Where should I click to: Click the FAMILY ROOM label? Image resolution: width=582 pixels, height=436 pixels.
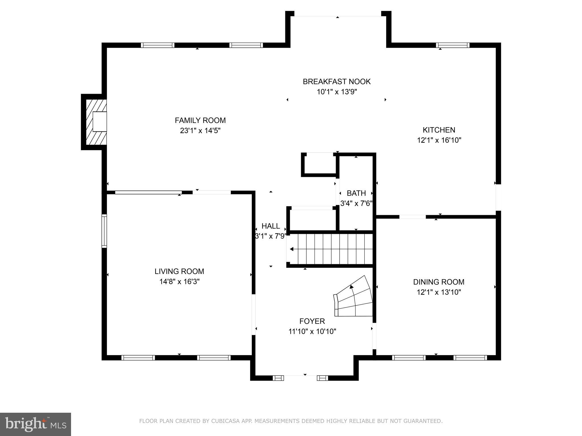(x=200, y=120)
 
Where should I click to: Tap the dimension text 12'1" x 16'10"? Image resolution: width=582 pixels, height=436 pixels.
(x=439, y=140)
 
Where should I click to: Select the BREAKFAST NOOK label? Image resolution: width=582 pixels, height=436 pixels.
(x=336, y=82)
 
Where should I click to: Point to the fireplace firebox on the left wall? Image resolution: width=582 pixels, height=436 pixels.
(x=99, y=121)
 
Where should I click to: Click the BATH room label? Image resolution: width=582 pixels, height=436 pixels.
(x=356, y=193)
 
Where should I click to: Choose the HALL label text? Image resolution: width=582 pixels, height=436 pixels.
(x=271, y=226)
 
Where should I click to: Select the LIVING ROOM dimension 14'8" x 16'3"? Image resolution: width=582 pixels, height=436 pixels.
(x=179, y=282)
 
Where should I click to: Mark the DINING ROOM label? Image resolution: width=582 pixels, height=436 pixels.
(x=438, y=282)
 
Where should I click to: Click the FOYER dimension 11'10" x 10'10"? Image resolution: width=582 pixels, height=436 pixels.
(x=312, y=331)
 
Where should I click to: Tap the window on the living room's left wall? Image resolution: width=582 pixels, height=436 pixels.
(x=104, y=231)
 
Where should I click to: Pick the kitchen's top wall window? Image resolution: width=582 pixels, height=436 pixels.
(x=452, y=45)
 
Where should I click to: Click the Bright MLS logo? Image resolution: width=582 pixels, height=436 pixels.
(x=36, y=424)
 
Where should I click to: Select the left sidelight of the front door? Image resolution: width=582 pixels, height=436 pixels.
(x=278, y=378)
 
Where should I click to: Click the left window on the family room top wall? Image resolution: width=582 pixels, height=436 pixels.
(x=157, y=45)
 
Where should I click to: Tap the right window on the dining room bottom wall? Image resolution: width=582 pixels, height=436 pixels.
(x=470, y=358)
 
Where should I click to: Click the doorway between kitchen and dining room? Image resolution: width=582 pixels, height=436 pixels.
(x=412, y=217)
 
